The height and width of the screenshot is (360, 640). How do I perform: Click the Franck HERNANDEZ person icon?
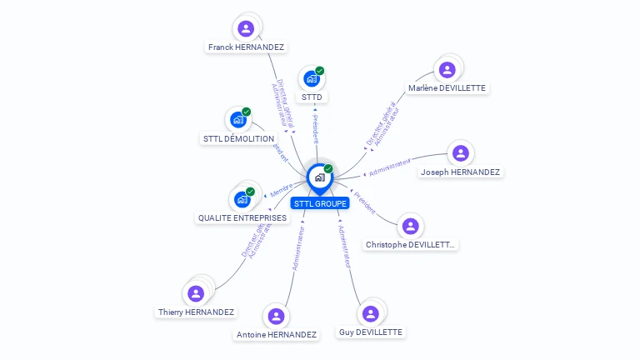(246, 28)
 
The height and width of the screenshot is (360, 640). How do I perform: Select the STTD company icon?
(312, 79)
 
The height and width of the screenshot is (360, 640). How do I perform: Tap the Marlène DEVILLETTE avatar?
(447, 70)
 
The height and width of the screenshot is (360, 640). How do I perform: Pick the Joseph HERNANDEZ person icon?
(460, 153)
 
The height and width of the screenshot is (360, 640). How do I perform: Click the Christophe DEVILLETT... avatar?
(410, 226)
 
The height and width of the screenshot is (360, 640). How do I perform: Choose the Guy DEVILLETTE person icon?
(371, 313)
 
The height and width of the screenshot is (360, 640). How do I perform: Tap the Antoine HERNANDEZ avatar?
(276, 316)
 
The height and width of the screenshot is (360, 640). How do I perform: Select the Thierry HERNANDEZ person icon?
(196, 293)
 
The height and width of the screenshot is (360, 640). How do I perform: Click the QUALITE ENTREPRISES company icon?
(242, 199)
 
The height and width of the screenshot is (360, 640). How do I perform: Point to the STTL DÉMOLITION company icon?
(237, 120)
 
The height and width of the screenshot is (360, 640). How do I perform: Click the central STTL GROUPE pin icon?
(319, 177)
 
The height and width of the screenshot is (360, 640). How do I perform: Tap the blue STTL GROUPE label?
(320, 203)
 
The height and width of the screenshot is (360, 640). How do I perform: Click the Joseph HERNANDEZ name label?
(460, 172)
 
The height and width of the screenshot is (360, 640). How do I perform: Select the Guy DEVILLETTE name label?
(371, 332)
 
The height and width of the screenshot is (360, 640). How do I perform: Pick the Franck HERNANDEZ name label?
(246, 47)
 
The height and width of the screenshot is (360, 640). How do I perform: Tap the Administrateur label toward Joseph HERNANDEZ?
(390, 167)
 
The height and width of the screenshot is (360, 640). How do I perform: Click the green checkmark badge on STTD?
(320, 71)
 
